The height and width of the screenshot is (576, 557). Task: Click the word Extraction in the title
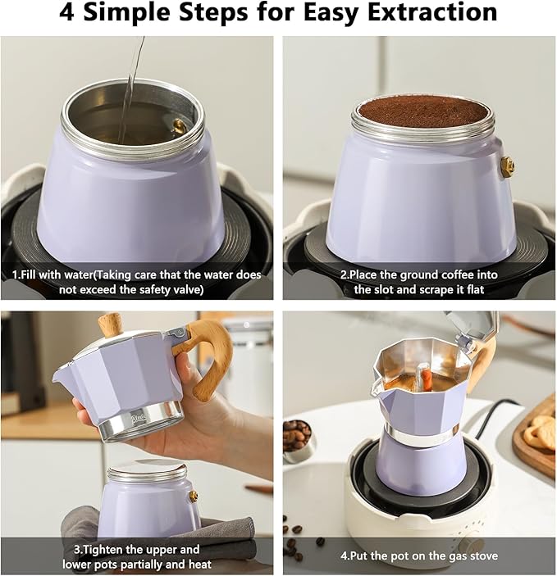pos(432,11)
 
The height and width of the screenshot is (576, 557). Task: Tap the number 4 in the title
pos(66,11)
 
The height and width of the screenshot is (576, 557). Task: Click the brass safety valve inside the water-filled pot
pos(179,126)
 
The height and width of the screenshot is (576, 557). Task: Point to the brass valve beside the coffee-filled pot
pos(508,167)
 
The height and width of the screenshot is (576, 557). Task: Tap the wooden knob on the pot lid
pos(111,324)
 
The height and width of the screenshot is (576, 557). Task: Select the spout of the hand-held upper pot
pos(64,374)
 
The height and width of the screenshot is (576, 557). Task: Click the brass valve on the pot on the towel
pos(194,497)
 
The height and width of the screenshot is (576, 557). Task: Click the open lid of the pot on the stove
pos(472,326)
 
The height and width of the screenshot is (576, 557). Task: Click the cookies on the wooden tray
pos(541,430)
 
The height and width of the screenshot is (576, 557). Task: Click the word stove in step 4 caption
pos(483,556)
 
